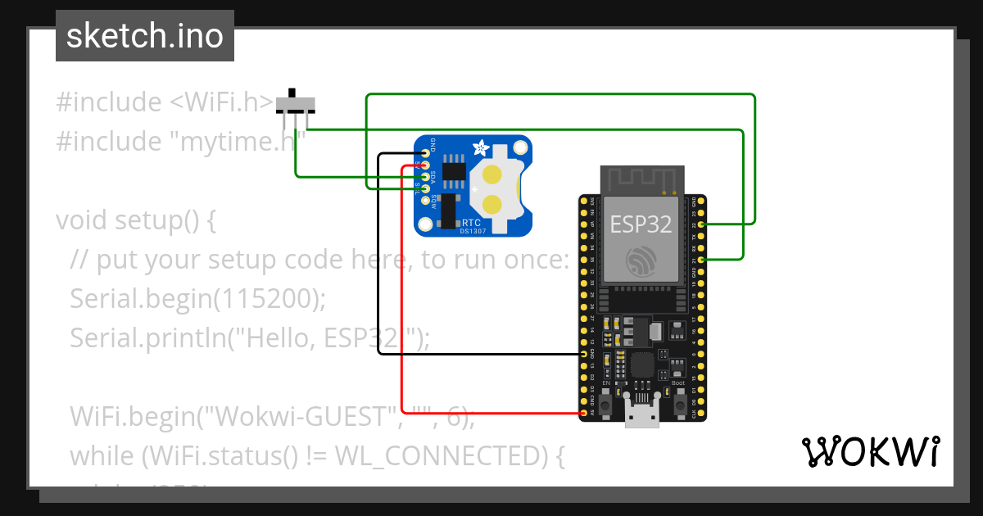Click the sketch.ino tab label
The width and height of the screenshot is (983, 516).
click(144, 36)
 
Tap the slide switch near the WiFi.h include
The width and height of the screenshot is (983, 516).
click(295, 103)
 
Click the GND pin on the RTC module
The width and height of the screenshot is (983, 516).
click(425, 154)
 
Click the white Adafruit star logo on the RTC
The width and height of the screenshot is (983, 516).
click(482, 149)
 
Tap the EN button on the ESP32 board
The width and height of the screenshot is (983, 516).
click(606, 401)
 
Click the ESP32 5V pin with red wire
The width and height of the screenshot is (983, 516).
click(582, 414)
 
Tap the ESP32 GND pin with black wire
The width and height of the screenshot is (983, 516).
click(582, 354)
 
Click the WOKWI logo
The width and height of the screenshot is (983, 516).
click(869, 451)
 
